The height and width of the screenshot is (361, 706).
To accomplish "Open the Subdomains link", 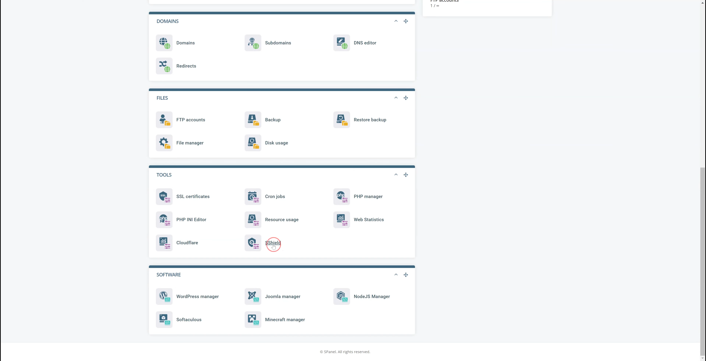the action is pos(278,43).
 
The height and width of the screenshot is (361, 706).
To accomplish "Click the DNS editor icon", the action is pos(341,43).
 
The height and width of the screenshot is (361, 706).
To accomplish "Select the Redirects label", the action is pos(186,66).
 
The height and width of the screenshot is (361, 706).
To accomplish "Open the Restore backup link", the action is pos(370,120).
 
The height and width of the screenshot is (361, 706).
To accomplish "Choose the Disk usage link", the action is pos(276,143).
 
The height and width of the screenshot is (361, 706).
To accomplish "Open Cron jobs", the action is pos(275,196).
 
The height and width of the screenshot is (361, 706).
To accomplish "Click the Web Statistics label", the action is pos(369,219).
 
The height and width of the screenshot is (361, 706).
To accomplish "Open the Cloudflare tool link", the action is pos(187,243).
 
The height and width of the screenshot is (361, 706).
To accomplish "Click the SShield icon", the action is pos(253,243).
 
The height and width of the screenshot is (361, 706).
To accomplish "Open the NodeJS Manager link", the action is pos(372,296).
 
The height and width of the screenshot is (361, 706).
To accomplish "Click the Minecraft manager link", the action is pos(285,320).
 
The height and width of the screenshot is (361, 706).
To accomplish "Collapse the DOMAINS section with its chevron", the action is pos(396,21).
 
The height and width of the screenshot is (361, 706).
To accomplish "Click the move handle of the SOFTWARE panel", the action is pos(406,275).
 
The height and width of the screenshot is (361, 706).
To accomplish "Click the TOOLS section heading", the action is pos(164,175).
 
